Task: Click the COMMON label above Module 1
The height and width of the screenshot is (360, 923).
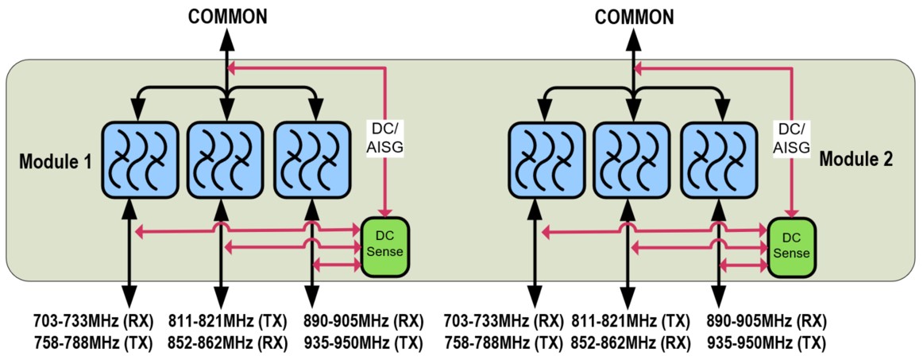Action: pos(228,16)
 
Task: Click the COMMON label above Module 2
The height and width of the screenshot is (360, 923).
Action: pos(634,16)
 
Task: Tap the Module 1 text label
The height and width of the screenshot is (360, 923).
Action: pos(56,161)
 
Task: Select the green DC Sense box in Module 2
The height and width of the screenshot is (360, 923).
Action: pos(791,246)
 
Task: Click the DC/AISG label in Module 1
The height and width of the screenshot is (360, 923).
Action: pos(385,137)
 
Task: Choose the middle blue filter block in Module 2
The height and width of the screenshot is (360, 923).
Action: pos(631,161)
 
